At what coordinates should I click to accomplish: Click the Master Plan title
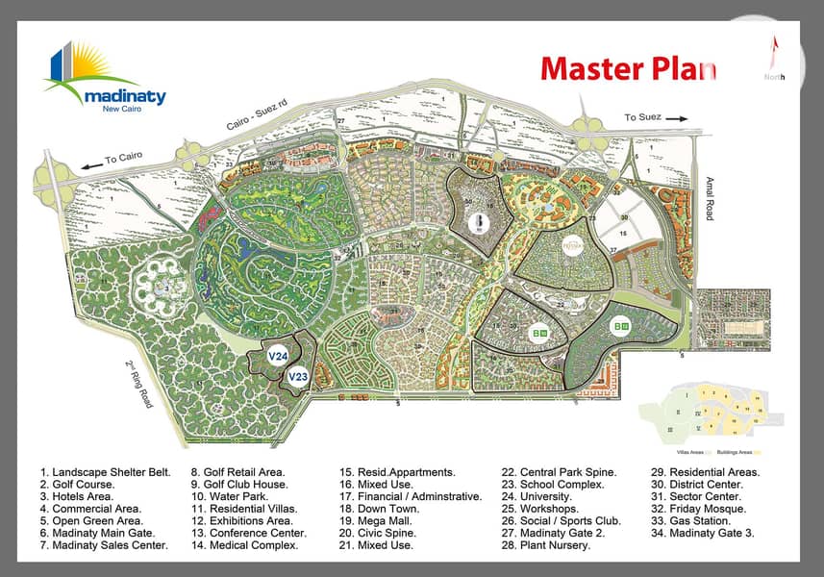[x=627, y=69]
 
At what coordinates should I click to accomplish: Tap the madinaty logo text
[x=124, y=97]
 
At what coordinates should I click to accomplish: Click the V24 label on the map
[x=279, y=357]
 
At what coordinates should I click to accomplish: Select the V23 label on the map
[x=298, y=377]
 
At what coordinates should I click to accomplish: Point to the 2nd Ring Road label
[x=139, y=383]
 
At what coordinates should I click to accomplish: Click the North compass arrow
[x=775, y=53]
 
